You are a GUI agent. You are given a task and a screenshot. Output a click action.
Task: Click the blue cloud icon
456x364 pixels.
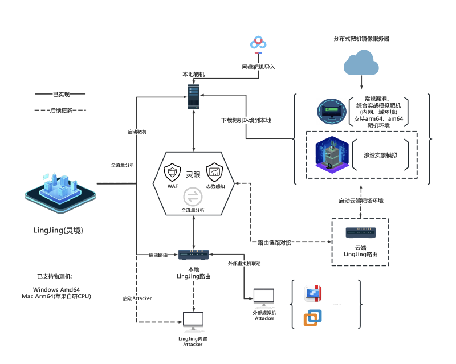361,62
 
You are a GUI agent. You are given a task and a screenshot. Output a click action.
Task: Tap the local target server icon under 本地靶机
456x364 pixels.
194,97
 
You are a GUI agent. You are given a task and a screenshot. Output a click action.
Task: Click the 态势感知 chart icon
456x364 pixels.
214,171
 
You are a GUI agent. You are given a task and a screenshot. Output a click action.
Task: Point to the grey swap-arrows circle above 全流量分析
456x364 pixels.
193,197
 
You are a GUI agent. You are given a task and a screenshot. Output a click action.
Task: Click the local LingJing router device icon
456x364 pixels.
194,255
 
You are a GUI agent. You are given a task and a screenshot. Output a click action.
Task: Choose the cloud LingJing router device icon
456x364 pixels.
360,233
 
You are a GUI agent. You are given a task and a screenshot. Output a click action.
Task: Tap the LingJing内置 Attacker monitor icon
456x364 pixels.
193,322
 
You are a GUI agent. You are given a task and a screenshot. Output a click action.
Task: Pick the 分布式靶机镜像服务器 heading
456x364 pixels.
361,39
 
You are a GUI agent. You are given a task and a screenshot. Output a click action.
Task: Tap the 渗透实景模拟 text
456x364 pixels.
380,155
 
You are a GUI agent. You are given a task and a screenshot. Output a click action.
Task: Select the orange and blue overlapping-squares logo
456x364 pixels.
312,318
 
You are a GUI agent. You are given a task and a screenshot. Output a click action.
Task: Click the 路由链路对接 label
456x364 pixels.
275,243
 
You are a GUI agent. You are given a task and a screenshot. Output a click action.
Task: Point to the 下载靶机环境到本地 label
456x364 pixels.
246,121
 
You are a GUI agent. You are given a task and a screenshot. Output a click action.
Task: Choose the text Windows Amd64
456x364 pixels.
56,289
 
